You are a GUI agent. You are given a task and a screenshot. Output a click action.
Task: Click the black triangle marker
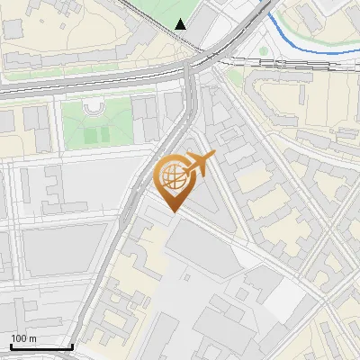182,23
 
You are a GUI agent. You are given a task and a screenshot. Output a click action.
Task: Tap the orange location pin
176,179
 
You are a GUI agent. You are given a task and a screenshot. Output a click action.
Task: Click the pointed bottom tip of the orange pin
175,211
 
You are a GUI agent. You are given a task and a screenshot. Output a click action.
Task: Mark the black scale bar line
40,346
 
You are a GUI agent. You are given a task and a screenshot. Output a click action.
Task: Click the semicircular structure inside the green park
94,108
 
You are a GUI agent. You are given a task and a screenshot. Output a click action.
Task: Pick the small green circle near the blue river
265,51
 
